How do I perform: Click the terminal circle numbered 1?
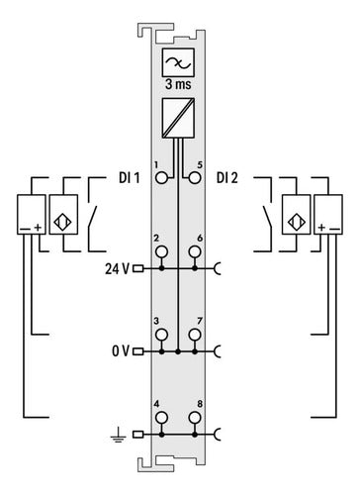pos(161,178)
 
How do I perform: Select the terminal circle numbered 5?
pos(195,178)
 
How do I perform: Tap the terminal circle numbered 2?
pos(161,252)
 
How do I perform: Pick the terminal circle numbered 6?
pos(195,252)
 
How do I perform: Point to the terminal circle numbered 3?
pos(161,335)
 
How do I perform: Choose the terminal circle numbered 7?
pos(195,335)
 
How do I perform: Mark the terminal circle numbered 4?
pos(161,418)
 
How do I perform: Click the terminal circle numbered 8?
pos(195,418)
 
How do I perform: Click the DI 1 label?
pos(130,178)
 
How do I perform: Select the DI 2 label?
pos(227,178)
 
